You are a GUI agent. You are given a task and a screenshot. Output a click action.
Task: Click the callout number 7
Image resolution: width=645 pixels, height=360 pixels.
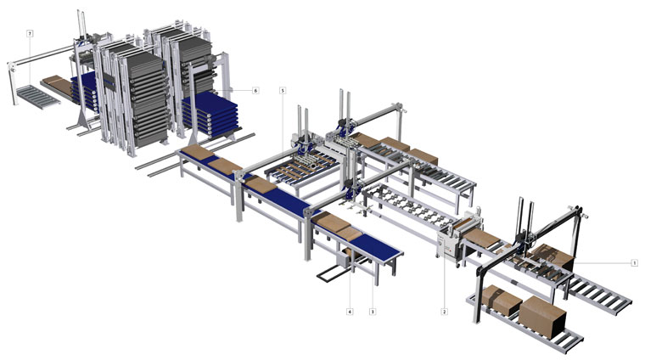30,33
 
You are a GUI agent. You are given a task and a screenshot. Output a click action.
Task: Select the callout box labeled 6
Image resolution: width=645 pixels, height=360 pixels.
255,90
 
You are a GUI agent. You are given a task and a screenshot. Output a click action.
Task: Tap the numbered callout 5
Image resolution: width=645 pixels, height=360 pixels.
282,90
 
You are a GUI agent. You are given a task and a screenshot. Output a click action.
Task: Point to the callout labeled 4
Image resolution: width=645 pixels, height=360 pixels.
350,312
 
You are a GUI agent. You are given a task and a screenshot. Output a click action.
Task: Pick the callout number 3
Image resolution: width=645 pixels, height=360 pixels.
373,312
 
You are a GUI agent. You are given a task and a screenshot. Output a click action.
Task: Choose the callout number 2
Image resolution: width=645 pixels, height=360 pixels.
444,312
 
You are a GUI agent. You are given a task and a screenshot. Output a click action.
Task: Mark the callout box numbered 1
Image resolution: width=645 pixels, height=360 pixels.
634,262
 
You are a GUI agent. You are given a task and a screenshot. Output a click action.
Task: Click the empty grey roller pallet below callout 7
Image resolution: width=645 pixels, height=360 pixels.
37,96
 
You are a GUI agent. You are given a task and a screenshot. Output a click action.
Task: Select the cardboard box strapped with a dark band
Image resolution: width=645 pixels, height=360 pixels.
502,301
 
